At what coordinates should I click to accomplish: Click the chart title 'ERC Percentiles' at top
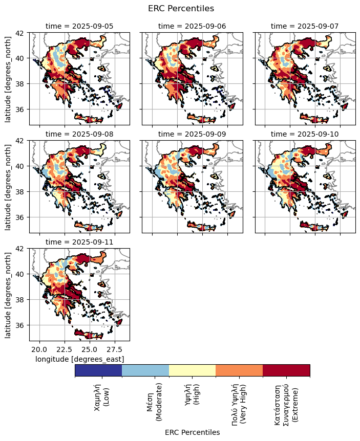click(181, 8)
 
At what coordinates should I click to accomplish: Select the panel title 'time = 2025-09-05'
click(79, 26)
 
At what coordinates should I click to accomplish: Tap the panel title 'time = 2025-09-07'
click(305, 26)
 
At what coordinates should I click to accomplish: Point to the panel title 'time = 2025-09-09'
click(192, 134)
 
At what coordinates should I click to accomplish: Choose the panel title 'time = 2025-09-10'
click(305, 134)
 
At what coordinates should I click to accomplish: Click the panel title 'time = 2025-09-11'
click(79, 242)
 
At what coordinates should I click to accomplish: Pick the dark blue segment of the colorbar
click(98, 370)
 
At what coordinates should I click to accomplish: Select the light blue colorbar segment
click(145, 370)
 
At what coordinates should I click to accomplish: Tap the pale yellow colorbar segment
click(192, 370)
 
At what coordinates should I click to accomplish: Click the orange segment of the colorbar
click(239, 370)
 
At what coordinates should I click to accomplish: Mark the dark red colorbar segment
click(286, 370)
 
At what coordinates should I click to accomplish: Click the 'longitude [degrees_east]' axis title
click(79, 359)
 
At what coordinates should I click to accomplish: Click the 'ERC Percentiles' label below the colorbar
click(192, 432)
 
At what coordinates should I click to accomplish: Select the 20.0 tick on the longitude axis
click(38, 349)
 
